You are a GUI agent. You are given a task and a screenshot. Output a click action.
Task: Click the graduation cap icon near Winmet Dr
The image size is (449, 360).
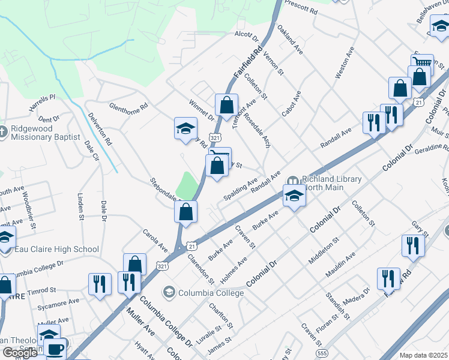click(x=185, y=127)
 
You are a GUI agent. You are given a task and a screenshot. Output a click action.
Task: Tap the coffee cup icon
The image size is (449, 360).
click(x=56, y=348)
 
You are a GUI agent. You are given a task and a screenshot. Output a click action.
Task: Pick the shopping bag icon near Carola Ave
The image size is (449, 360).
click(x=135, y=263)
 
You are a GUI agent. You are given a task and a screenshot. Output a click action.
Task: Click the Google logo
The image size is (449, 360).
click(x=20, y=353)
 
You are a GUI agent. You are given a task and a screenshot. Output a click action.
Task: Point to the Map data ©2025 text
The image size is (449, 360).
click(x=423, y=355)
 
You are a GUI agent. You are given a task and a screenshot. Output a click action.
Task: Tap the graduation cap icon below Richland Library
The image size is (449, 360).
click(x=294, y=196)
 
